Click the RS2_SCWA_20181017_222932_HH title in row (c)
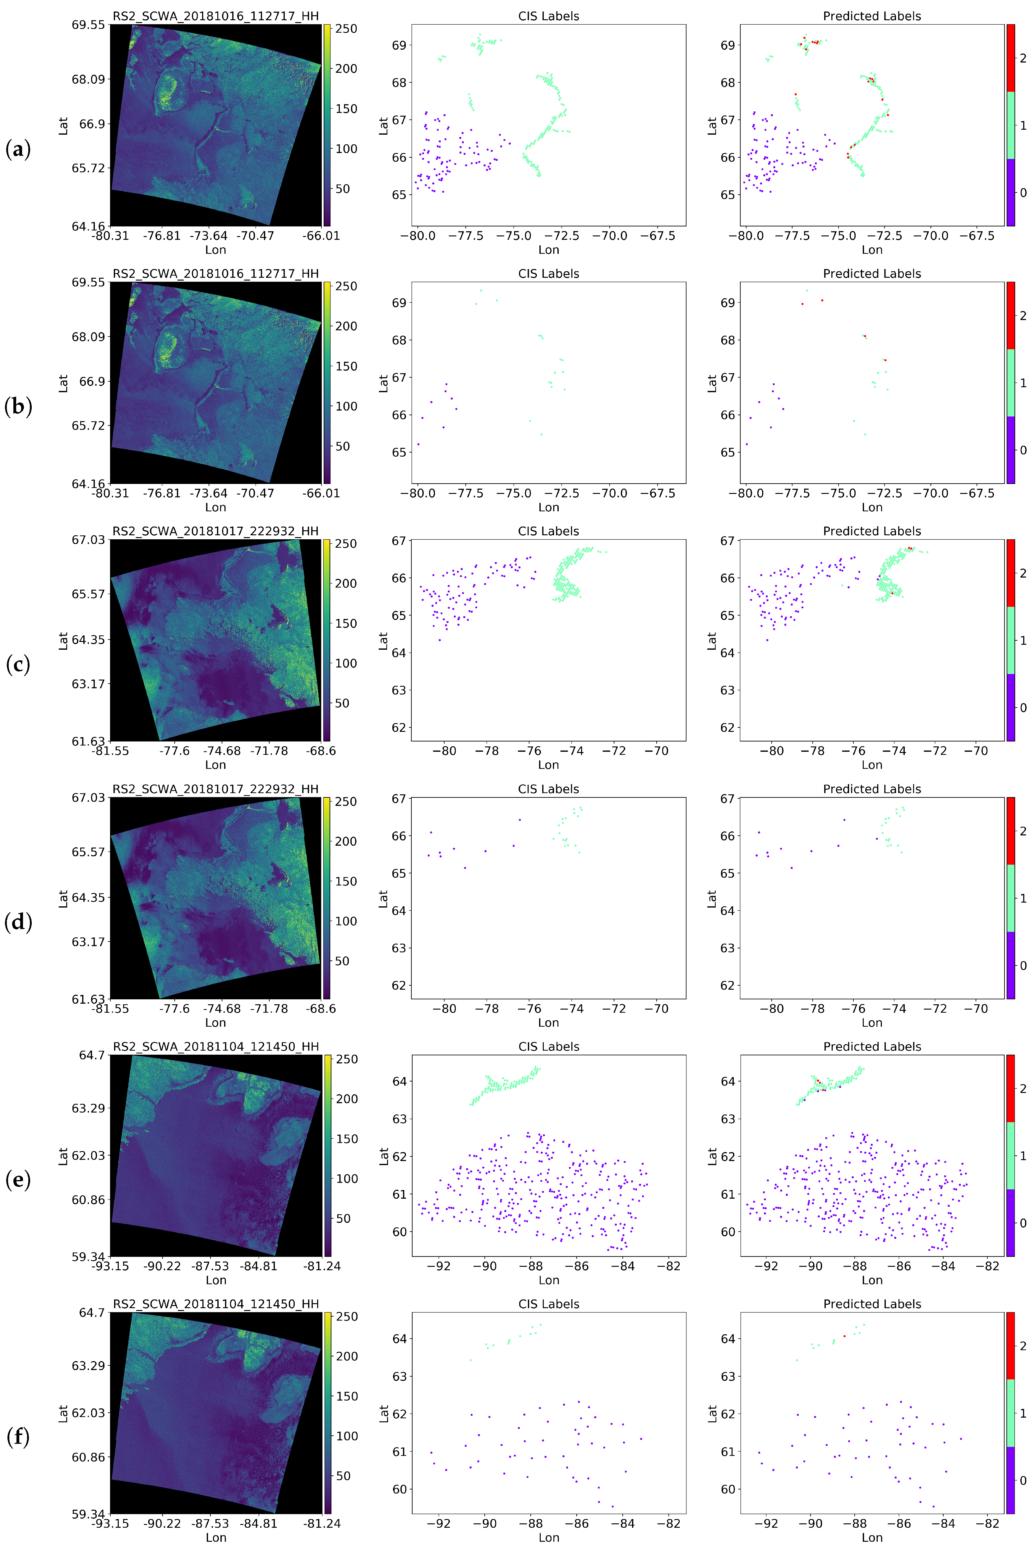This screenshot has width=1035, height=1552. [215, 531]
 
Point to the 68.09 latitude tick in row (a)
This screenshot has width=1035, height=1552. [88, 79]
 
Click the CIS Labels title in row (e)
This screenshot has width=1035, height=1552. [548, 1046]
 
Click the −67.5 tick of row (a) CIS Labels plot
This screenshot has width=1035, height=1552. [658, 236]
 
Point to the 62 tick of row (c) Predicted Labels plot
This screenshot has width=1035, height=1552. [728, 727]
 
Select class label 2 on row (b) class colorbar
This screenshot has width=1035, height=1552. [1023, 316]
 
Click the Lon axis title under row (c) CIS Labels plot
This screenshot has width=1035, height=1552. [548, 764]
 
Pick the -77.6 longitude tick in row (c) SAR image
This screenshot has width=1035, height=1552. [174, 750]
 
